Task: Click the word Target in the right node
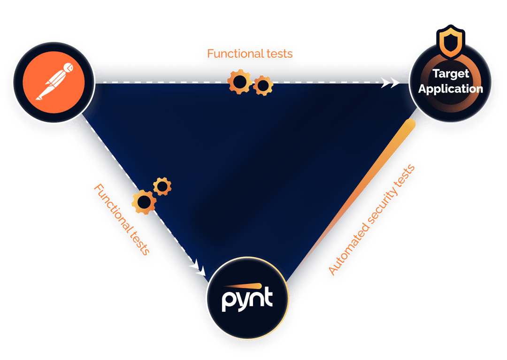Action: (451, 74)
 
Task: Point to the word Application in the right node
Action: (451, 89)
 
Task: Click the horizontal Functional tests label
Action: (250, 54)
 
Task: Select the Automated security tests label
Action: (372, 220)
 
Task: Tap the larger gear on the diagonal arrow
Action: (144, 202)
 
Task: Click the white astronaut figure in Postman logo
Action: (54, 83)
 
